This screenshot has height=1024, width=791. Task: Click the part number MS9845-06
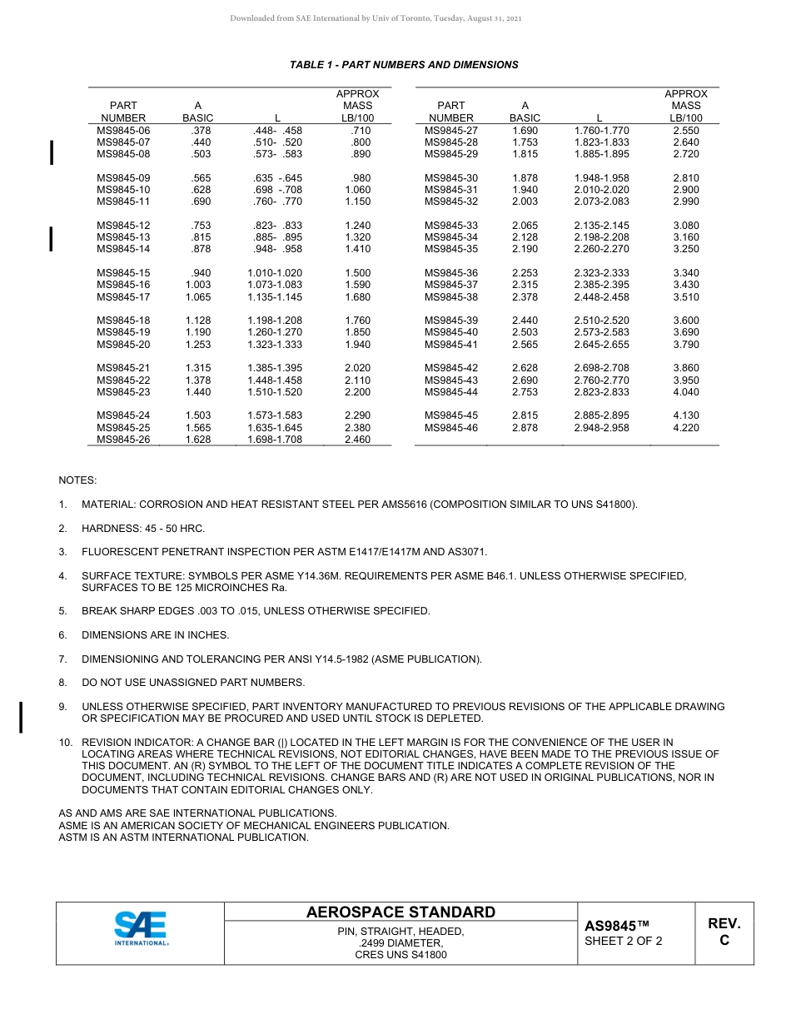(x=123, y=131)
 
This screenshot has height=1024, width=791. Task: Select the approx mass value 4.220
(x=685, y=428)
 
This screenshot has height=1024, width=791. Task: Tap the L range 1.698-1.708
(x=275, y=440)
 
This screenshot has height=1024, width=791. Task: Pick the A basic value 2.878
(x=525, y=428)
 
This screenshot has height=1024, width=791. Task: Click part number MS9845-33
(x=451, y=226)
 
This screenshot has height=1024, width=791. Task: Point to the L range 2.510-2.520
(x=601, y=321)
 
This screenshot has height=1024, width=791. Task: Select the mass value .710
(x=361, y=131)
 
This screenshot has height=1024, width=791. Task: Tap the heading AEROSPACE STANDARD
(x=400, y=912)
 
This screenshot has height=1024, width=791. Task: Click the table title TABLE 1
(x=404, y=65)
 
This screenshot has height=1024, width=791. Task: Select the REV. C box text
(x=724, y=932)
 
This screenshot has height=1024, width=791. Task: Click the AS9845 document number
(x=616, y=927)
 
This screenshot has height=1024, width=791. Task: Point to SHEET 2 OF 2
(x=624, y=942)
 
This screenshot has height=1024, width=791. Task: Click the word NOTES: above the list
(x=77, y=480)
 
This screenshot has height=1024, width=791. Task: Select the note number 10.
(x=64, y=742)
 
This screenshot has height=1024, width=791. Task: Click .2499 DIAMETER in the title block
(x=400, y=943)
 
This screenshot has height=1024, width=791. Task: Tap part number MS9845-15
(x=123, y=273)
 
